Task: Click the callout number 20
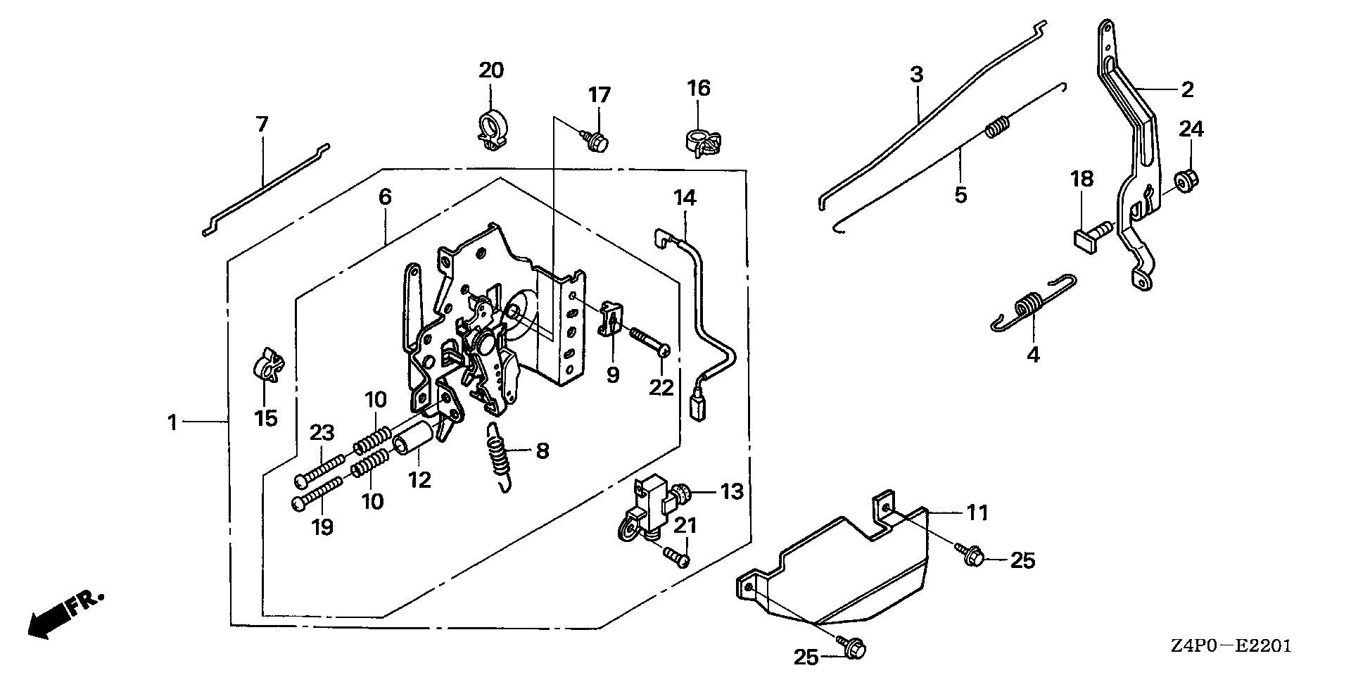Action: pyautogui.click(x=492, y=71)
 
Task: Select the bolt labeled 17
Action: pyautogui.click(x=597, y=141)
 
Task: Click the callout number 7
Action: pyautogui.click(x=262, y=125)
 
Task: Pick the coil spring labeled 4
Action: pyautogui.click(x=1027, y=310)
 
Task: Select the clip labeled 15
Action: pyautogui.click(x=267, y=365)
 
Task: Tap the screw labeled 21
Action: pyautogui.click(x=678, y=556)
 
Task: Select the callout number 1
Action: pyautogui.click(x=171, y=423)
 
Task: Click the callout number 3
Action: pyautogui.click(x=915, y=75)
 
